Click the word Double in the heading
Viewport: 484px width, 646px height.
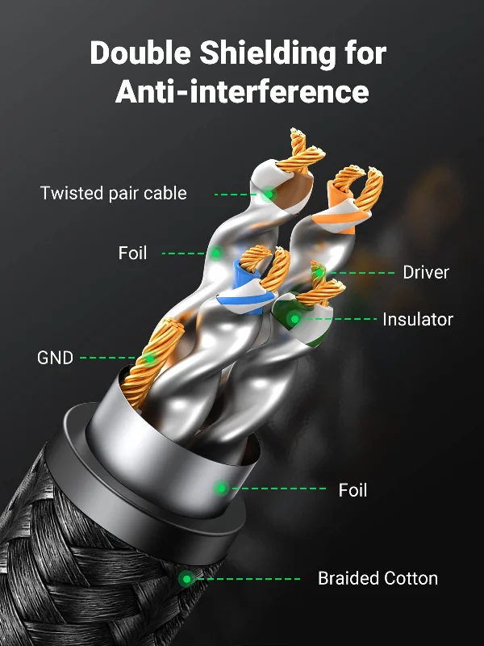140,52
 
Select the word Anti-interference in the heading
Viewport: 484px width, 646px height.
242,91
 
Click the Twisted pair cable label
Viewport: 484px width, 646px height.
114,193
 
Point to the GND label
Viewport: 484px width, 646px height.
55,358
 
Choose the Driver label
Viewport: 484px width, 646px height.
426,272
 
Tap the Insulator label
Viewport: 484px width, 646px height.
418,319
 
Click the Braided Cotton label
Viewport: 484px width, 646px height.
378,578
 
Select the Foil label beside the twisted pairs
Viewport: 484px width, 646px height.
132,253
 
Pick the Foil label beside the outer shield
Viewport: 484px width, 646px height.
353,490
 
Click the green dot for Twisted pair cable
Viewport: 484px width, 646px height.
269,194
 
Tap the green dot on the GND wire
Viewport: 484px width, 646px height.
150,359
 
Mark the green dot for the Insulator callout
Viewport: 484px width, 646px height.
294,319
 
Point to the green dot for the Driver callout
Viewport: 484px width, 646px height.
319,272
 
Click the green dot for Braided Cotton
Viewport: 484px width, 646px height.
186,579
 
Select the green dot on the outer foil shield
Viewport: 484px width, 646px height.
221,489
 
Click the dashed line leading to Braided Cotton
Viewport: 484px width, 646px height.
248,579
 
